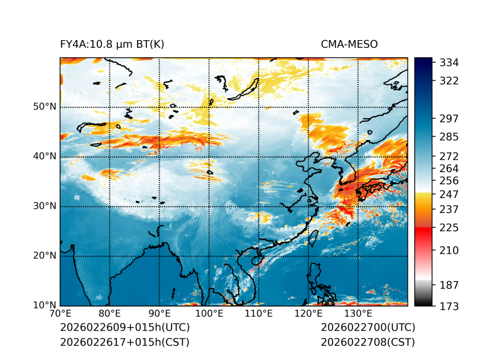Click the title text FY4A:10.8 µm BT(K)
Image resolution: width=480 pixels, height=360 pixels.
[x=112, y=44]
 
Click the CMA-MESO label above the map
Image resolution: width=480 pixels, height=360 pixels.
[x=349, y=44]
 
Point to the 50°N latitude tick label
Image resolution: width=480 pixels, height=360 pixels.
[x=45, y=107]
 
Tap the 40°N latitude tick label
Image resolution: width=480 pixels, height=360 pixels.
[x=45, y=156]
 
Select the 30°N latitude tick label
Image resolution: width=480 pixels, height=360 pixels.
[x=45, y=206]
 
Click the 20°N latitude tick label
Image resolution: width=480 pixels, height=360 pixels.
[x=45, y=256]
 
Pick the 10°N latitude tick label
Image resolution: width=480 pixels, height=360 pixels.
[x=45, y=305]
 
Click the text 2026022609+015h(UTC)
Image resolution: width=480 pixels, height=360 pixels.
[x=124, y=328]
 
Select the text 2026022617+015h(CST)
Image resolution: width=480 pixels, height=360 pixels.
[x=124, y=342]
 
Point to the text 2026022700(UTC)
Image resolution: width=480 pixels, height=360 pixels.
[x=368, y=328]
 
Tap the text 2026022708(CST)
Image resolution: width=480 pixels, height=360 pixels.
[x=368, y=342]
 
